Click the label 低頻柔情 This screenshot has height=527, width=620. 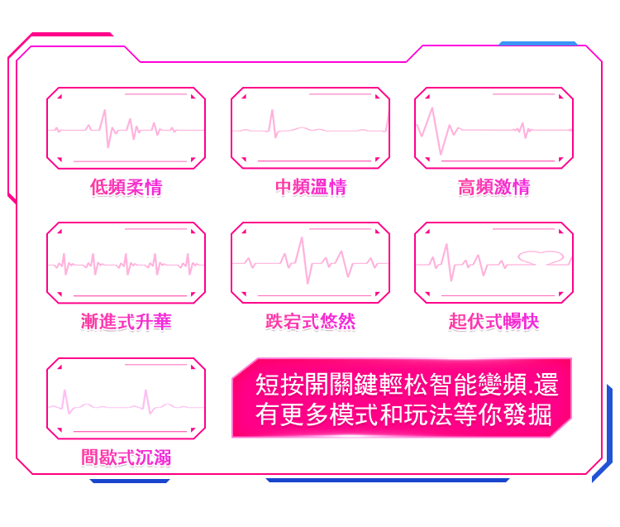[126, 188]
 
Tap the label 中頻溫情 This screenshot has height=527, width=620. [310, 188]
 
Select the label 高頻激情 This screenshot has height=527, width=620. [494, 188]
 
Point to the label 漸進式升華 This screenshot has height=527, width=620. [126, 322]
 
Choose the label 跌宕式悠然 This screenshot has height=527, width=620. [310, 322]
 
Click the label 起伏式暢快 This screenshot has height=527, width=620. [494, 322]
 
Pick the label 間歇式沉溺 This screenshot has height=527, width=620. [126, 457]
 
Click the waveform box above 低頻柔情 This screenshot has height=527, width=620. [126, 128]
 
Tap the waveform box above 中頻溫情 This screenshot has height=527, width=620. [310, 128]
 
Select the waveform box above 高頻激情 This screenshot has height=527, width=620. [494, 128]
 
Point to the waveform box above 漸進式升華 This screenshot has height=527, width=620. [126, 263]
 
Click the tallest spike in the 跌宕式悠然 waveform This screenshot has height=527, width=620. [302, 242]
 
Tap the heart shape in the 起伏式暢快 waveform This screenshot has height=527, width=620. [542, 257]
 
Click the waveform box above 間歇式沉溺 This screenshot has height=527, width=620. [126, 398]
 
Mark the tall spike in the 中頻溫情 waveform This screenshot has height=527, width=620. [271, 116]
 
